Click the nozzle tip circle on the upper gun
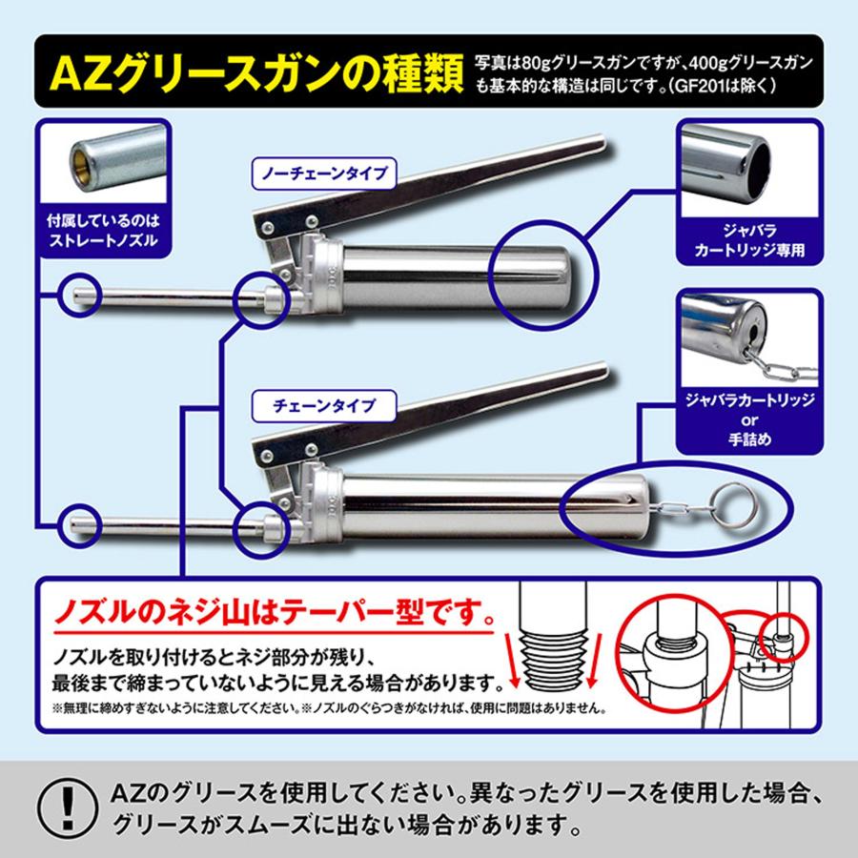click(78, 296)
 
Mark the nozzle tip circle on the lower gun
click(78, 523)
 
